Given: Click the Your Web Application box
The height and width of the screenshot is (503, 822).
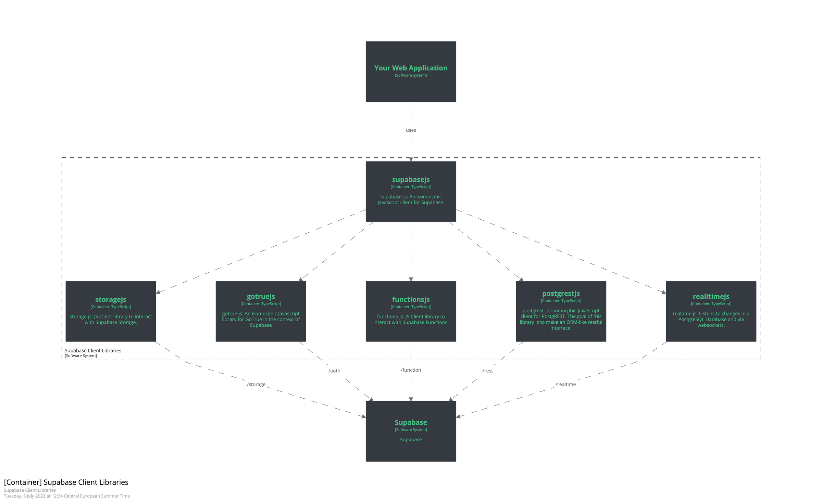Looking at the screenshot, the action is [411, 72].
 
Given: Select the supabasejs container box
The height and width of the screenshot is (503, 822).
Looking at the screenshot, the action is [411, 191].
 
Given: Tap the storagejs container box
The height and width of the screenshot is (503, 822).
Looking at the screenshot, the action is [111, 311].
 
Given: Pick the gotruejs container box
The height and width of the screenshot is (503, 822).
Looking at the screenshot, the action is [261, 311].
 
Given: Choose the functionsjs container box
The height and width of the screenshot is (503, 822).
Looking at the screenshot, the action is [411, 311].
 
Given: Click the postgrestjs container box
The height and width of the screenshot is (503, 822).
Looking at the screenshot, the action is [561, 311].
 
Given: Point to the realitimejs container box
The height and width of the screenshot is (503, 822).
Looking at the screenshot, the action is [711, 311].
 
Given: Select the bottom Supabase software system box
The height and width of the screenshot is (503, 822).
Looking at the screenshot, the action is [411, 431].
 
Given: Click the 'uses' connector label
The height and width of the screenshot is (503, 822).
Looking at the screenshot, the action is [411, 130].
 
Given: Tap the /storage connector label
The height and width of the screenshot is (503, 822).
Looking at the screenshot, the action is [256, 384].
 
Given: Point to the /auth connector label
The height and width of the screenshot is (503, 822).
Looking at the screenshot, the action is [334, 371].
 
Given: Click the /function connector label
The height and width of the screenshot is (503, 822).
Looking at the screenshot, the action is [411, 370].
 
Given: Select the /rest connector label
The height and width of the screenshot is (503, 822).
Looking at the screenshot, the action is [488, 371].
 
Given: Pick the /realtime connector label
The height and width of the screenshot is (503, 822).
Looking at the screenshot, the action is [565, 384].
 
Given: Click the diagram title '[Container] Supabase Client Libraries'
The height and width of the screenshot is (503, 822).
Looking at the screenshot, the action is [66, 482].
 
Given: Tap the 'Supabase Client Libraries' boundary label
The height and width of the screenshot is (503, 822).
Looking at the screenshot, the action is [93, 350].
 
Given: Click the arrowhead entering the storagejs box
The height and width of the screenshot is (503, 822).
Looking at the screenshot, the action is [158, 292].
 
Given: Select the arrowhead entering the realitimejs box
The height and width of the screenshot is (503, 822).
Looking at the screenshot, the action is [663, 292].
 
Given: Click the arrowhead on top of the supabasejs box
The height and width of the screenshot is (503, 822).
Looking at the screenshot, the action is [411, 159].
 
